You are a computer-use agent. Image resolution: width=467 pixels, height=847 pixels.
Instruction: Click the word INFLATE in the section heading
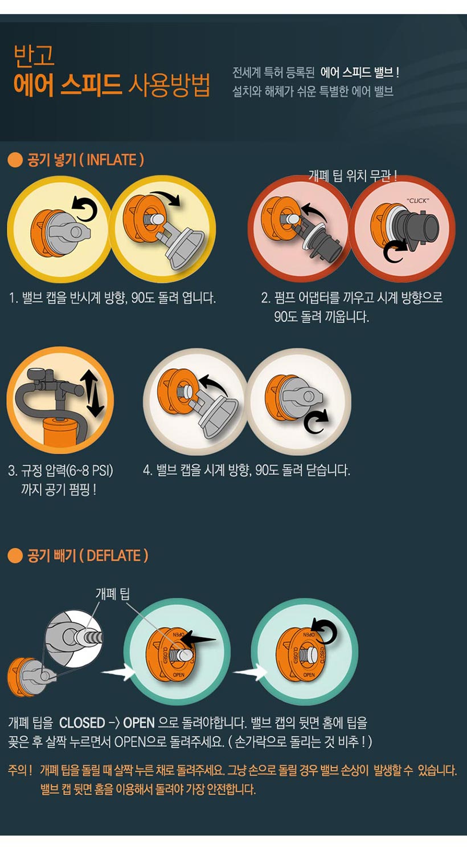click(111, 160)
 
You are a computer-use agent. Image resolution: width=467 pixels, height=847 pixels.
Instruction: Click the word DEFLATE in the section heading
click(113, 556)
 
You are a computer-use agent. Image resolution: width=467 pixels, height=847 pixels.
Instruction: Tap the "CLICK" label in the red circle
click(418, 201)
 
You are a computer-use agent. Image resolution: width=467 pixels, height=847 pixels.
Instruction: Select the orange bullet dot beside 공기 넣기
click(15, 160)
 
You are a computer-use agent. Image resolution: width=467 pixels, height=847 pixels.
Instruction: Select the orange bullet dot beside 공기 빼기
click(15, 556)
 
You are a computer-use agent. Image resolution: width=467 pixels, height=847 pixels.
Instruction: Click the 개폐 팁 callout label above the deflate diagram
click(113, 594)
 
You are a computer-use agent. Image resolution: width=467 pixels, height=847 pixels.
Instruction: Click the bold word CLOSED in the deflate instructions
click(82, 723)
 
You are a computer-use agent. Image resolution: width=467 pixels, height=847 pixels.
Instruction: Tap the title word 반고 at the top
click(34, 55)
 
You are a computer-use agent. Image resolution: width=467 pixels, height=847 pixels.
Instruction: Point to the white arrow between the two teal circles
click(250, 673)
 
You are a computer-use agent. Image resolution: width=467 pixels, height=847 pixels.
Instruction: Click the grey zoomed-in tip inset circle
click(74, 640)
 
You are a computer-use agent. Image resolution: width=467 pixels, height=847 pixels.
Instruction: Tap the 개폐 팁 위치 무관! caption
click(353, 176)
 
